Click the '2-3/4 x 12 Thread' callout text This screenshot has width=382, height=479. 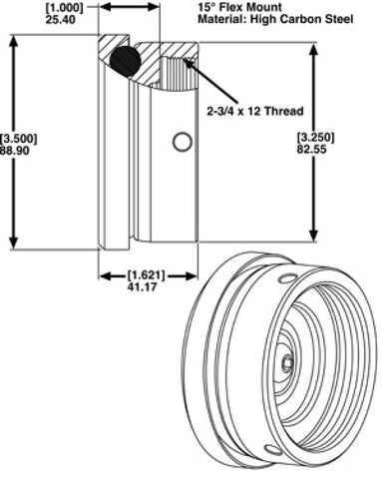click(255, 111)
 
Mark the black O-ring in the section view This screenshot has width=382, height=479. click(125, 62)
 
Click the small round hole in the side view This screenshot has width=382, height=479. click(182, 142)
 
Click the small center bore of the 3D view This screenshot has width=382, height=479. click(286, 364)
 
